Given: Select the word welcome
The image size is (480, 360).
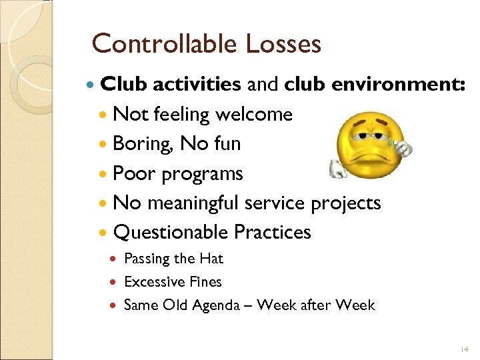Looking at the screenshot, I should click(253, 114).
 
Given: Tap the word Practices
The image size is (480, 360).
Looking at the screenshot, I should click(273, 232).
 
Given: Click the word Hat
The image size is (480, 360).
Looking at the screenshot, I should click(211, 259).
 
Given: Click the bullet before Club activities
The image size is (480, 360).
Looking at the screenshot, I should click(91, 85).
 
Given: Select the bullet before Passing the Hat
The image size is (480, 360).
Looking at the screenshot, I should click(116, 259).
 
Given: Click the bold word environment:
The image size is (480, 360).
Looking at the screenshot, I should click(375, 85).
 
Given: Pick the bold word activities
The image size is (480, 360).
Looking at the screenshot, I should click(197, 85).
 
